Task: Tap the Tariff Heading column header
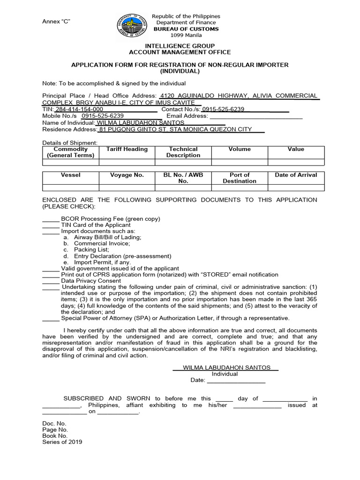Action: click(127, 149)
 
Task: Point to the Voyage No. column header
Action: click(127, 175)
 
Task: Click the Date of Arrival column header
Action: click(296, 175)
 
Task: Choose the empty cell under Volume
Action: click(239, 162)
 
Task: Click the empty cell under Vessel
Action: click(70, 188)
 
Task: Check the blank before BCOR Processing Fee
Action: click(51, 219)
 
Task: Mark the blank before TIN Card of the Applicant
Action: click(51, 225)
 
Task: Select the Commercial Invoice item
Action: click(102, 244)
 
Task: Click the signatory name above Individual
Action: click(226, 368)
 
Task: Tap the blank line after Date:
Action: click(236, 380)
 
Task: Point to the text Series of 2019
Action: click(62, 442)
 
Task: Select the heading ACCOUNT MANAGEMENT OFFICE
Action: click(180, 52)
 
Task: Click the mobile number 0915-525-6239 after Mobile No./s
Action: click(103, 116)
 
